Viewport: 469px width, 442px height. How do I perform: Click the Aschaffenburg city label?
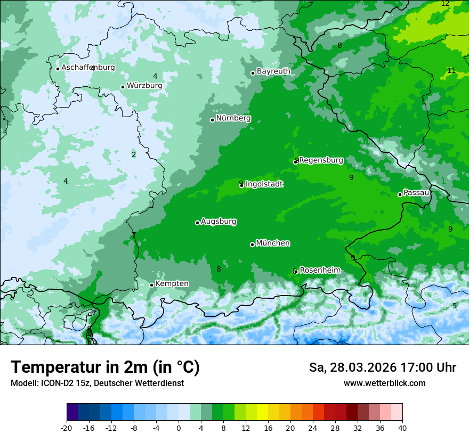click(88, 68)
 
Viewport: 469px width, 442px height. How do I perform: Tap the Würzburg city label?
click(144, 86)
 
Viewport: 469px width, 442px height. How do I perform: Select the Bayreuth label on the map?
click(273, 71)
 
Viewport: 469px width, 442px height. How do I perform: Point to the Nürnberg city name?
click(233, 118)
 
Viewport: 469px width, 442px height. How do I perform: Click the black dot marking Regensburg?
click(296, 161)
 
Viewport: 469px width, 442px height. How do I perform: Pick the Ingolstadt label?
click(264, 184)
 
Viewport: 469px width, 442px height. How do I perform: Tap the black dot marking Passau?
click(400, 194)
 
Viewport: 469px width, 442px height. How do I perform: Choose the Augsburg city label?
click(219, 222)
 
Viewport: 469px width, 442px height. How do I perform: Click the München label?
click(273, 243)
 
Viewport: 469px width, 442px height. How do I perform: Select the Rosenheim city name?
click(320, 271)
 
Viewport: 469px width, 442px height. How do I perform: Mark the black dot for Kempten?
click(151, 285)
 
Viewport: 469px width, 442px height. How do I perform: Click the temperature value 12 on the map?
click(445, 4)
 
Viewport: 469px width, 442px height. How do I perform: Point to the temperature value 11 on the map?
click(451, 71)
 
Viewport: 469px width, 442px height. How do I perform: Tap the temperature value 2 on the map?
click(134, 155)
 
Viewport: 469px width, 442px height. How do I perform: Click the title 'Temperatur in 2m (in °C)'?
click(105, 367)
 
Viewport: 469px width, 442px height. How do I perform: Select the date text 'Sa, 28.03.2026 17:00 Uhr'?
click(382, 367)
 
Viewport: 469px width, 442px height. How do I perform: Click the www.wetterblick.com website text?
click(384, 383)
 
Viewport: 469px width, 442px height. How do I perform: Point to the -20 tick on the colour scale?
click(67, 428)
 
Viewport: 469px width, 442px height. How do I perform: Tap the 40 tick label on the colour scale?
click(402, 428)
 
